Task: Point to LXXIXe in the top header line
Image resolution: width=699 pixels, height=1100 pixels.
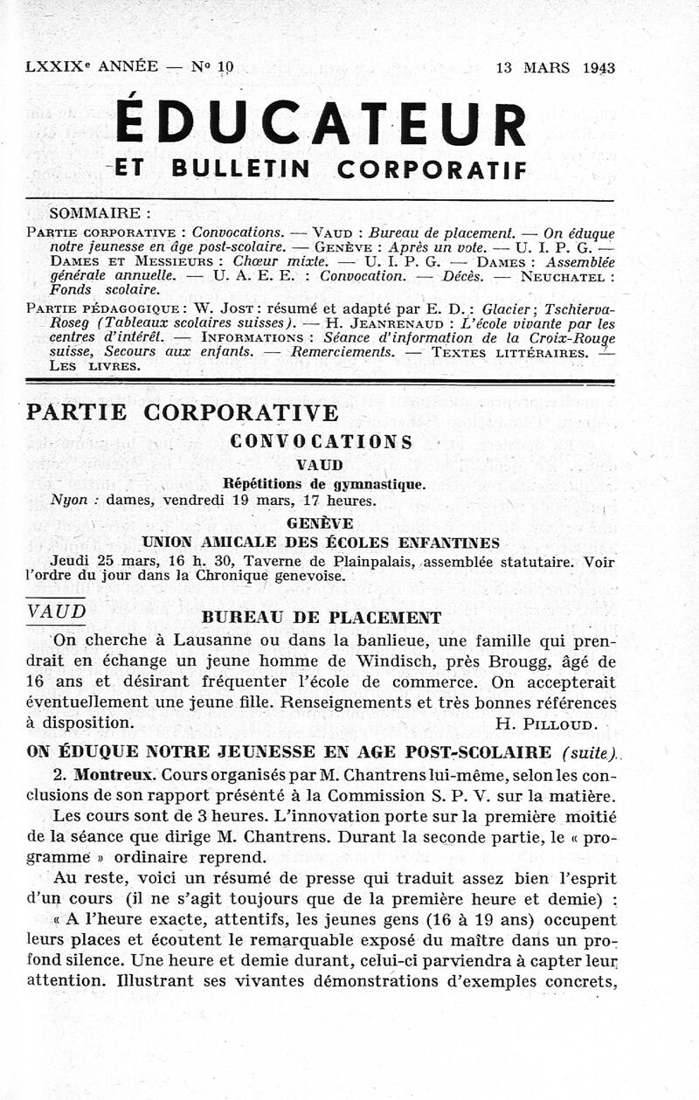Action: (58, 66)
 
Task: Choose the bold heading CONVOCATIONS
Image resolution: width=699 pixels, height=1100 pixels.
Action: (321, 442)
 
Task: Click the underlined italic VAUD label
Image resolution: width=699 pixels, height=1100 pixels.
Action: (57, 612)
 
